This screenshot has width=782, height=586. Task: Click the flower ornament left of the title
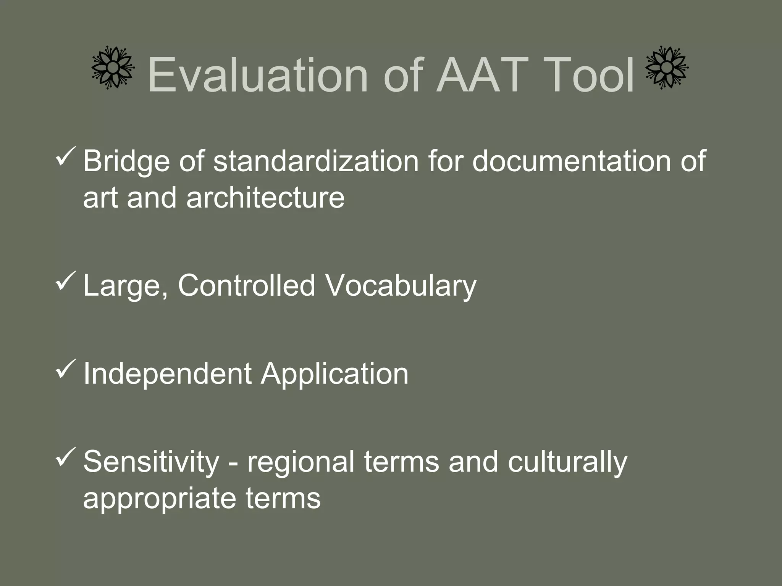(113, 68)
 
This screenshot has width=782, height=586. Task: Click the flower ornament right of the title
(667, 68)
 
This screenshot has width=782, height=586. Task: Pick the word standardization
(315, 161)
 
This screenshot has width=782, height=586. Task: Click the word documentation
(571, 161)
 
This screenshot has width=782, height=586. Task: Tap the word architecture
(265, 198)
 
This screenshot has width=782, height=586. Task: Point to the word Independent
(167, 374)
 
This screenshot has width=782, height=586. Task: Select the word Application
(334, 374)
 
